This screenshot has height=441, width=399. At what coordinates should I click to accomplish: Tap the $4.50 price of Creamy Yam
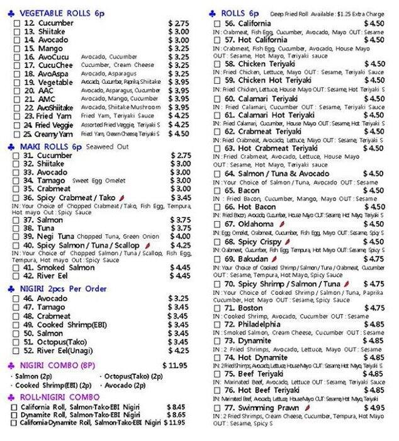click(178, 134)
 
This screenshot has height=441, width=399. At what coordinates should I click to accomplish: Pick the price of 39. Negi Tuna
click(179, 236)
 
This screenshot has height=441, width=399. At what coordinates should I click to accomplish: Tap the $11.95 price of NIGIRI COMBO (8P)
click(176, 365)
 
